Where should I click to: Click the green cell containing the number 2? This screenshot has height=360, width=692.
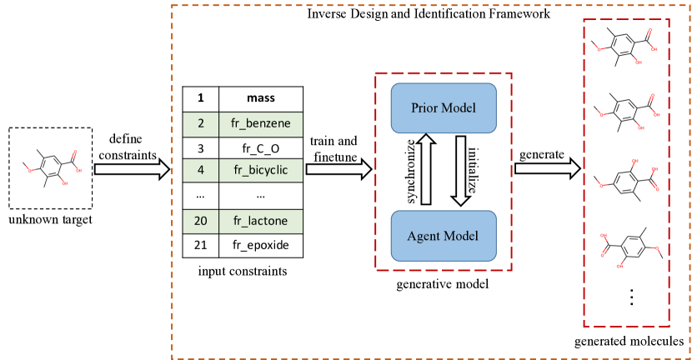[x=201, y=124]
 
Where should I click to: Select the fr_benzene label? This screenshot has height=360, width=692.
[x=260, y=124]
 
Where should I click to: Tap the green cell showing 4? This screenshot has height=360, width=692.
[x=201, y=171]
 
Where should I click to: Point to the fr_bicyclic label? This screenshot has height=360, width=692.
[x=260, y=171]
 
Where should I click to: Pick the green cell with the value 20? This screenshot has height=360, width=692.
[x=201, y=222]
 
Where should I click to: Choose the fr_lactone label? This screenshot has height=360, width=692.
[x=260, y=222]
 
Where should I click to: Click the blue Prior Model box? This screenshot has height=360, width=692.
[x=443, y=108]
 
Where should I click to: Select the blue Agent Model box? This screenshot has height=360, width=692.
[x=443, y=236]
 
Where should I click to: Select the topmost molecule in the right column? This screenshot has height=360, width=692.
[x=624, y=49]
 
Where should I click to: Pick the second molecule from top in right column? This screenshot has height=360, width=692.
[x=624, y=112]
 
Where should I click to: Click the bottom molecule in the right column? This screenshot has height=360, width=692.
[x=632, y=247]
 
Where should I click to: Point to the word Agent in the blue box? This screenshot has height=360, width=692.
[x=424, y=236]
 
